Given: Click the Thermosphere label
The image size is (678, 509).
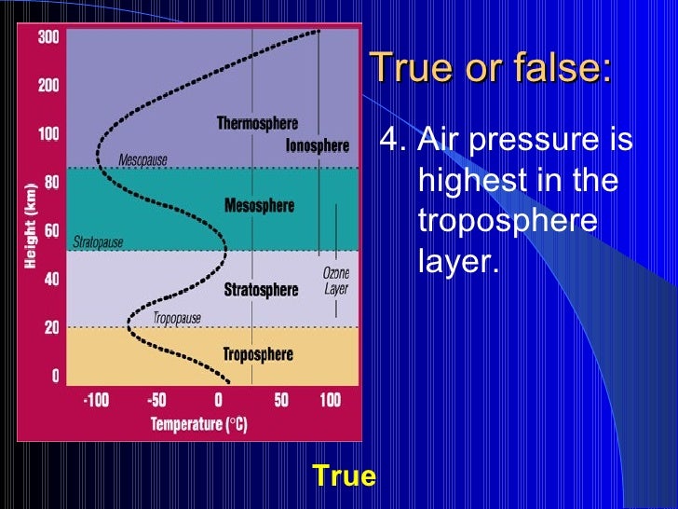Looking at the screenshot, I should pos(257,123).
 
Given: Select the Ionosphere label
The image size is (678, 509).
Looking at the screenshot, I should pos(317,145).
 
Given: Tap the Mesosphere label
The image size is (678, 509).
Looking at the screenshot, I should pos(259,205).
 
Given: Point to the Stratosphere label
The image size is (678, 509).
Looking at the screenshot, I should pos(261,290).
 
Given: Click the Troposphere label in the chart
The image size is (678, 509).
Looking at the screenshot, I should pos(258,354).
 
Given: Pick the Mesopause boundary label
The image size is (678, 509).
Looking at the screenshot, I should pos(142,160).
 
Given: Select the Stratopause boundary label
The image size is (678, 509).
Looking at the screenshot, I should pos(98,242).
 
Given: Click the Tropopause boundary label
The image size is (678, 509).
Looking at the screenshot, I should pos(178,318).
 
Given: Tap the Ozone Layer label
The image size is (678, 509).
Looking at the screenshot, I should pos(335,281).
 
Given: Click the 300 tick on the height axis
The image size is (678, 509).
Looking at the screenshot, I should pos(48,37).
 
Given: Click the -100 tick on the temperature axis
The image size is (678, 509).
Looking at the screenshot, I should pos(96,400).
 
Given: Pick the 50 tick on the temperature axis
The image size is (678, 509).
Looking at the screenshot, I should pos(281,400).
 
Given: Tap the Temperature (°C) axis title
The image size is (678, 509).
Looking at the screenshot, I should pos(200,425).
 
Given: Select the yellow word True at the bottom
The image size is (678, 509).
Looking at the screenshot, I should pos(344,477).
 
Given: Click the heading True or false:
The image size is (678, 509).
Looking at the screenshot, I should pos(490,67).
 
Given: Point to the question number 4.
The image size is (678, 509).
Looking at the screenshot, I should pos(394,141).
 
